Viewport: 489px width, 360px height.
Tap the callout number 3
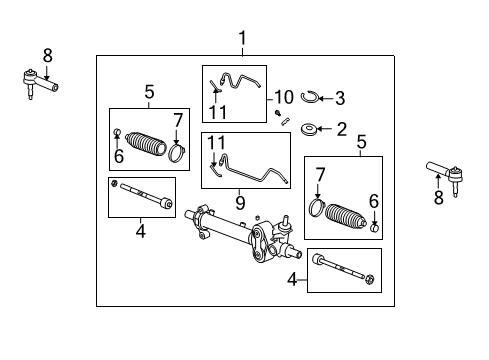coord(340,98)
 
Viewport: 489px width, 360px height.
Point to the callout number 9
coord(238,200)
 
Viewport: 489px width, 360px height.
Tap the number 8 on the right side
coord(437,199)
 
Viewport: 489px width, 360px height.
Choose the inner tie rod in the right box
coord(343,268)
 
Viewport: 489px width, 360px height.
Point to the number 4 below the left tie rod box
coord(141,232)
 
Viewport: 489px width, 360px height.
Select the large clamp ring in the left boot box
coord(178,153)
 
